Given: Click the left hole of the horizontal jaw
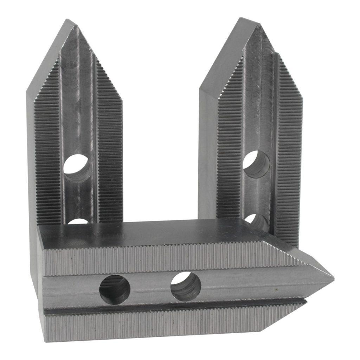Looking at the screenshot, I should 115,290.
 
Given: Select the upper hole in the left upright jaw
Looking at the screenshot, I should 77,164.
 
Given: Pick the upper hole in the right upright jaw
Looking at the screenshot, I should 257,164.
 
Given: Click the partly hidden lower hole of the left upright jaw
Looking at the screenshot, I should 78,221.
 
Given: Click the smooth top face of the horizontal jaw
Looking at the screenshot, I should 158,232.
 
